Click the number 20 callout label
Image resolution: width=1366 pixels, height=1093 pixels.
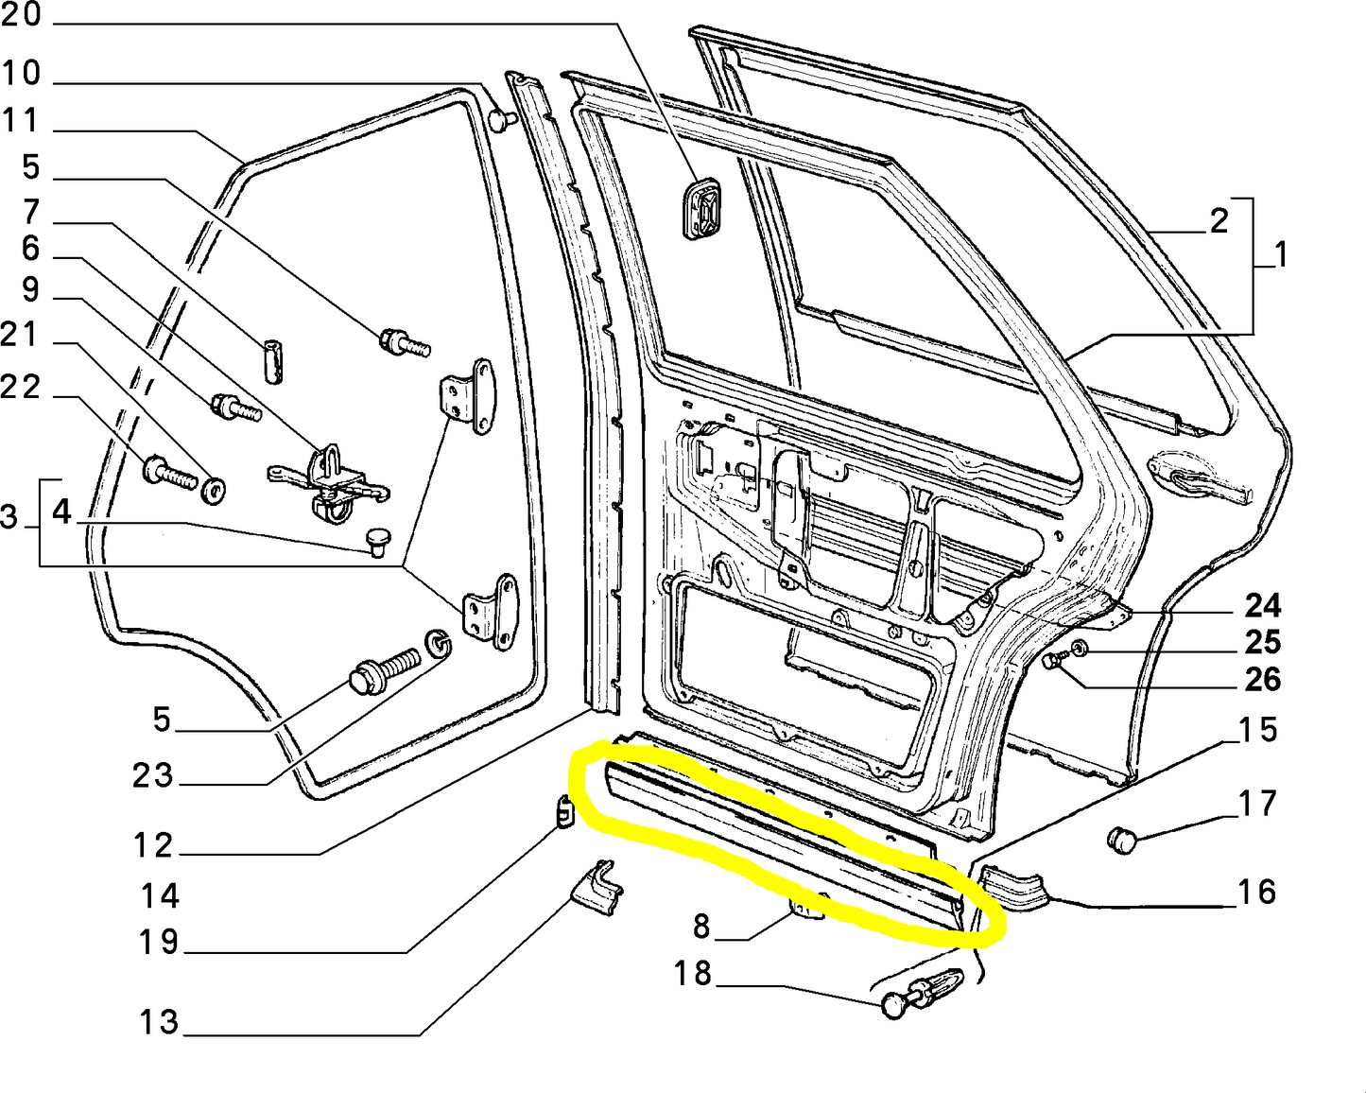click(21, 15)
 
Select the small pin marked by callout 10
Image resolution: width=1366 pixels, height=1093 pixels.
click(501, 120)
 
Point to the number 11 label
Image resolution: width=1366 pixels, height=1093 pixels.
click(21, 121)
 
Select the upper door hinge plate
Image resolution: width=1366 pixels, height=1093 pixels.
click(468, 397)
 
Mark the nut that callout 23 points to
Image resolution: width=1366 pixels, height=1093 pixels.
click(439, 644)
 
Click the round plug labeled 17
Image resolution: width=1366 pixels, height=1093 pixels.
click(1121, 839)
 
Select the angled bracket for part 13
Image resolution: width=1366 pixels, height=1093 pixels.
click(597, 888)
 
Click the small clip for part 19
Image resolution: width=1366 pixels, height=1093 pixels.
click(563, 810)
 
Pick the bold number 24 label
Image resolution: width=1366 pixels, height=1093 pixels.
click(1262, 605)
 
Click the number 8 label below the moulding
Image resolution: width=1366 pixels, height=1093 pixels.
click(700, 927)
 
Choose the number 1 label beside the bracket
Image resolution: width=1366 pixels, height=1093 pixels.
click(1281, 254)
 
